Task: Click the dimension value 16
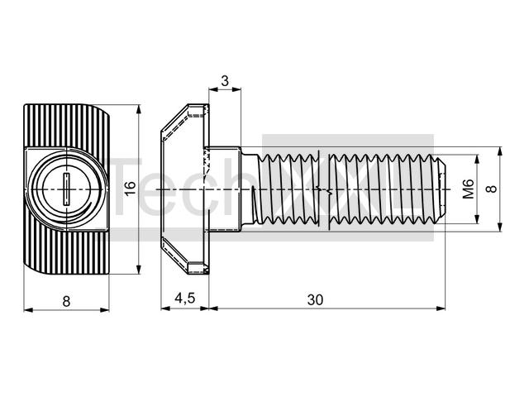130,188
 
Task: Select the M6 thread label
468,189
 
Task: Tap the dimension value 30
315,299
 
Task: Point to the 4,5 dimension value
185,299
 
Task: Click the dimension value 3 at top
225,81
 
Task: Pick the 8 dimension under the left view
66,301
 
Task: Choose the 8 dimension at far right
493,189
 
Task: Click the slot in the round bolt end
66,189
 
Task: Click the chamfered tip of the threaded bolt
441,189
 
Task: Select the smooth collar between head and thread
224,189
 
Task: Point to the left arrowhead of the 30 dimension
213,308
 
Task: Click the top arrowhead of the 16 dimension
138,109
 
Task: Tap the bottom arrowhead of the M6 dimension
477,220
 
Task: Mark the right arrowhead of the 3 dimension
237,89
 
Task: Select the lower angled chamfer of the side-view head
174,256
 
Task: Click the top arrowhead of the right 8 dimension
500,151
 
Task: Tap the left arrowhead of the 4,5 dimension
165,308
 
